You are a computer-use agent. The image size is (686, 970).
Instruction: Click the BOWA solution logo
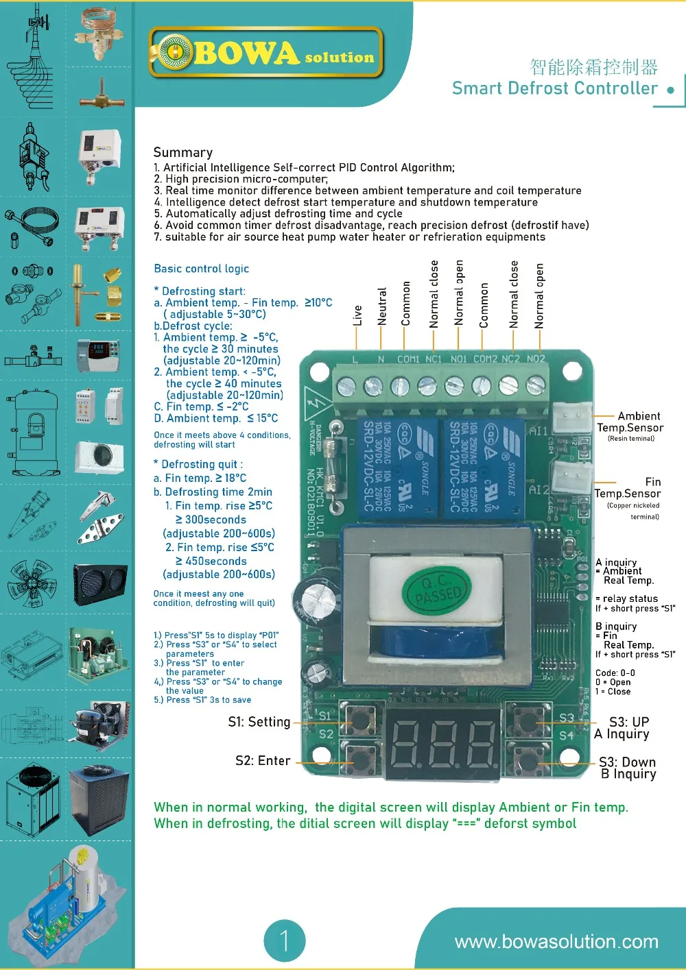[265, 53]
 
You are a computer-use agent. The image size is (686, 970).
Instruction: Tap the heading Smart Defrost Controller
[554, 88]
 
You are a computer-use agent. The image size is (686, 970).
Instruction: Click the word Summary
[183, 152]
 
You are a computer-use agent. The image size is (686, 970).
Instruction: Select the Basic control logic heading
[201, 269]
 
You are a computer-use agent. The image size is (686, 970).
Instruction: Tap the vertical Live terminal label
[357, 315]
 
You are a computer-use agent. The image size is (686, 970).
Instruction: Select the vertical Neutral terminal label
[382, 306]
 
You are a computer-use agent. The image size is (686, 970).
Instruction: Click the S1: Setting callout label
[259, 722]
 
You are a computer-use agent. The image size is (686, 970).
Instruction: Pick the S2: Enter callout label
[263, 761]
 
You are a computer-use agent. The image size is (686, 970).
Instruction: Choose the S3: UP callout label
[629, 722]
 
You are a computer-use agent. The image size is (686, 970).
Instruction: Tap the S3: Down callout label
[628, 762]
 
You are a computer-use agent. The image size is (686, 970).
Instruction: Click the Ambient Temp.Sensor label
[630, 422]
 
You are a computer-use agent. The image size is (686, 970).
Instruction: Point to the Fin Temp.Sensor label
[628, 487]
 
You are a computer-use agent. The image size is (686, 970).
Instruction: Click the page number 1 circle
[284, 941]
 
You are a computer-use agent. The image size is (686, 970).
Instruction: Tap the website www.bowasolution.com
[556, 942]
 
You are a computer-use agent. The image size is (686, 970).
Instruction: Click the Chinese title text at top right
[593, 67]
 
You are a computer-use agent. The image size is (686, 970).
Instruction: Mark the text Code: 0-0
[615, 673]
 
